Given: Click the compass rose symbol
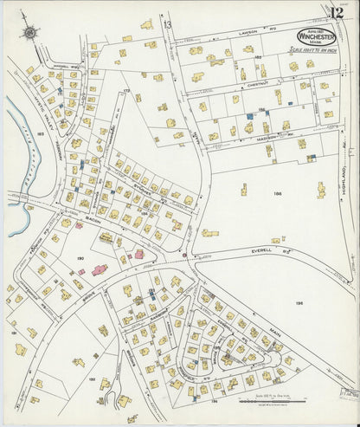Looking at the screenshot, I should click(31, 33).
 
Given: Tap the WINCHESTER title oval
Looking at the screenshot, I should click(318, 36).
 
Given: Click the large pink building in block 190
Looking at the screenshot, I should click(99, 269).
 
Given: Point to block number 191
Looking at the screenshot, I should click(13, 332).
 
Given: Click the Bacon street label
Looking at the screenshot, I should click(93, 222).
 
